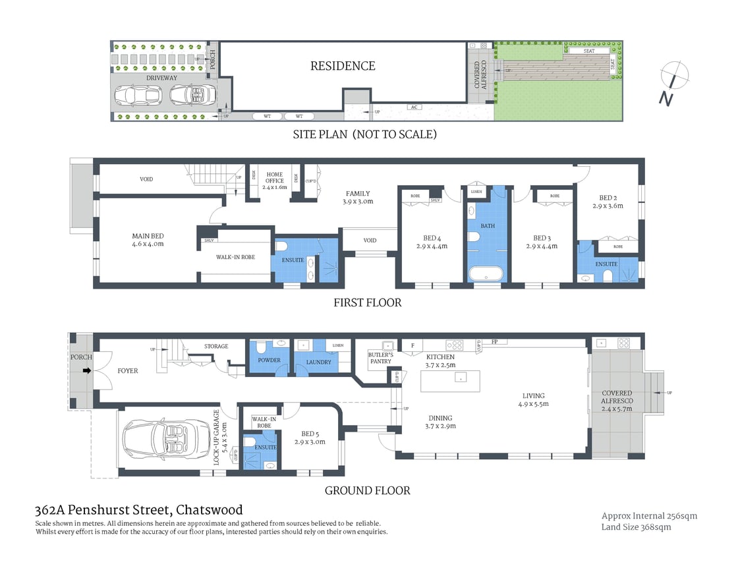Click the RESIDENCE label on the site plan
[x=343, y=66]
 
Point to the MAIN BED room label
[x=148, y=240]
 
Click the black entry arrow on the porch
[x=85, y=370]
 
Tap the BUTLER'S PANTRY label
[x=380, y=358]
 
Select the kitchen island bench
[x=449, y=380]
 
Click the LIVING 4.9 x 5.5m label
[x=536, y=400]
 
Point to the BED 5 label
[x=310, y=438]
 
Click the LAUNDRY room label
[x=318, y=362]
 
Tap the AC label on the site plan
[x=414, y=107]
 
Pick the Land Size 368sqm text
[x=636, y=527]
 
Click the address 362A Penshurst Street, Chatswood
[x=138, y=509]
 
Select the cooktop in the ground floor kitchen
[x=454, y=344]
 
